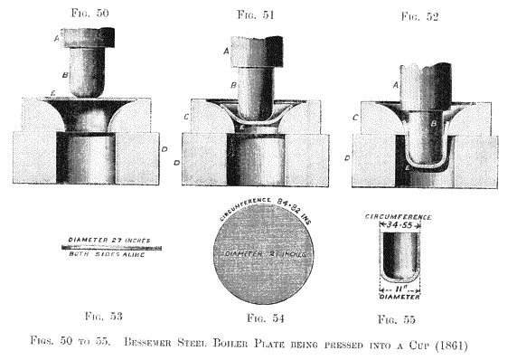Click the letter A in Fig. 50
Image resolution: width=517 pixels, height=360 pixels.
(x=57, y=38)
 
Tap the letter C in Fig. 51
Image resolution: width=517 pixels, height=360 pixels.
(x=186, y=118)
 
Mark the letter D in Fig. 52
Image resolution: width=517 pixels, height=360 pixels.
(x=347, y=159)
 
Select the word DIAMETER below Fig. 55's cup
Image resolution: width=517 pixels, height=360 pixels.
(x=398, y=292)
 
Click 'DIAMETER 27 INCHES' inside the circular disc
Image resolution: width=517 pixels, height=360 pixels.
(x=265, y=254)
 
